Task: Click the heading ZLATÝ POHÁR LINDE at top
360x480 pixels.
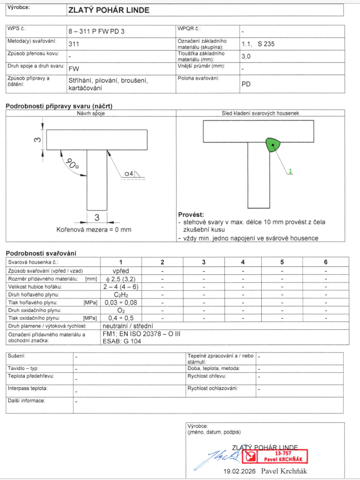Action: [x=109, y=10]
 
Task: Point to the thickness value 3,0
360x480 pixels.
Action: [x=246, y=56]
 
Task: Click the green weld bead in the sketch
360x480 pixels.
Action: [x=272, y=144]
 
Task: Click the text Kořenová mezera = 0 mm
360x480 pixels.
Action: [x=94, y=230]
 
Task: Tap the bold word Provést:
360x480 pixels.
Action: [x=191, y=215]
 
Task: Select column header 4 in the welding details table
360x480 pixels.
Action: [x=243, y=262]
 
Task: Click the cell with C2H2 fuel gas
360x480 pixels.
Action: [x=121, y=294]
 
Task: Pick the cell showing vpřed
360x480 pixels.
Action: [x=121, y=270]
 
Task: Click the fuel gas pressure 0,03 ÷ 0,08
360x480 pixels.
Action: [x=121, y=302]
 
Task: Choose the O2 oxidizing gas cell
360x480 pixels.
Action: [x=121, y=310]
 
